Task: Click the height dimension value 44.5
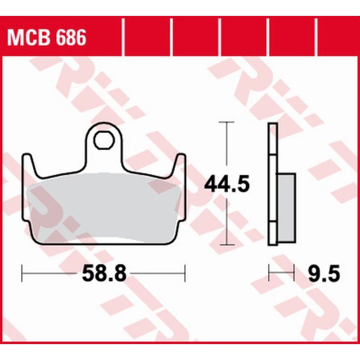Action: tap(227, 184)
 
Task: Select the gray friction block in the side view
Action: tap(286, 199)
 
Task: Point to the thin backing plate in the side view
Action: tap(271, 149)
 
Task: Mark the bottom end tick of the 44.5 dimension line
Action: tap(227, 245)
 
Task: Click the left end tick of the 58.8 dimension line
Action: tap(23, 272)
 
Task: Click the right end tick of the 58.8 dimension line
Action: tap(185, 272)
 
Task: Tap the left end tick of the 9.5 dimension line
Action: tap(269, 272)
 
